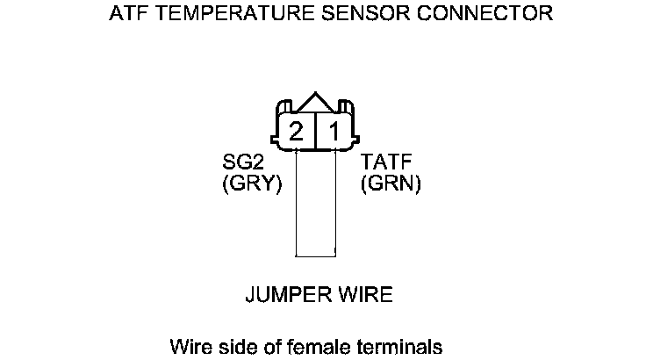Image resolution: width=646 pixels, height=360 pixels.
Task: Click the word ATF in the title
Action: (x=126, y=14)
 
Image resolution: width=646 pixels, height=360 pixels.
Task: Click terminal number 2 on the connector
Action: (x=296, y=132)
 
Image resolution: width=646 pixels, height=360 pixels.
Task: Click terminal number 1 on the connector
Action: (x=334, y=132)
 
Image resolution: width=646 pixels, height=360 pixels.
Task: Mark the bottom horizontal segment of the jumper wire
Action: (x=316, y=256)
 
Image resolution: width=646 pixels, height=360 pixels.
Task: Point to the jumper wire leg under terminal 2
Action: (x=297, y=202)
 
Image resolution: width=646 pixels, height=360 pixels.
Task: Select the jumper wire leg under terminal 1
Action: (x=335, y=202)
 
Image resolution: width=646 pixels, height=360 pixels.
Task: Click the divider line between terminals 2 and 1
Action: (x=315, y=131)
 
